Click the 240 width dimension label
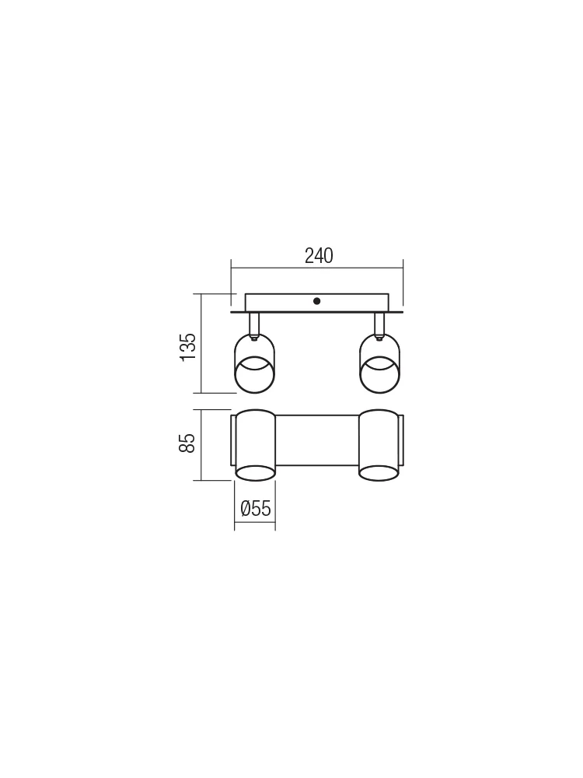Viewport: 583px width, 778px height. click(x=319, y=255)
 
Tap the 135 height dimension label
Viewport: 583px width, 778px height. click(x=188, y=347)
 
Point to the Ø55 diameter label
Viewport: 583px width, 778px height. click(x=255, y=509)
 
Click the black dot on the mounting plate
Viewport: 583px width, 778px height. click(x=317, y=300)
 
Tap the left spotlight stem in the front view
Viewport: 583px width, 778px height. click(x=254, y=324)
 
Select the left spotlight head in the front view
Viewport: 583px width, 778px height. click(x=254, y=363)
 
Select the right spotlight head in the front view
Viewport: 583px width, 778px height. click(x=379, y=363)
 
